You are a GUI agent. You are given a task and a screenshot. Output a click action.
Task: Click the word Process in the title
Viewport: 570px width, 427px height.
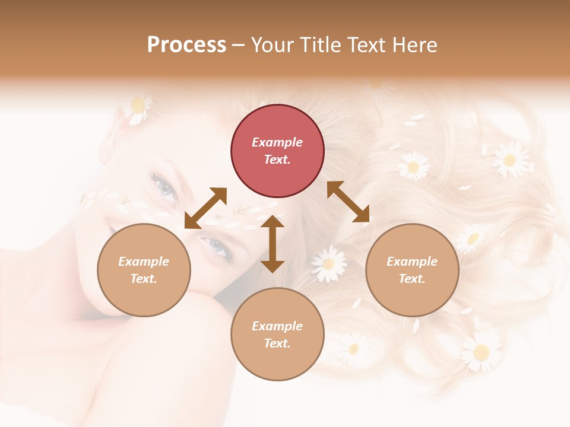(186, 44)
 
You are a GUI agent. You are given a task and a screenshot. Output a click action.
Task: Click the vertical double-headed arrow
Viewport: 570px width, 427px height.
(273, 244)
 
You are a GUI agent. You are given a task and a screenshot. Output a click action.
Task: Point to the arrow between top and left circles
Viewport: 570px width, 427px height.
(205, 208)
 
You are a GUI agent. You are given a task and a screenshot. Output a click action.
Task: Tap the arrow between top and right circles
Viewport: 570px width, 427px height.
(348, 202)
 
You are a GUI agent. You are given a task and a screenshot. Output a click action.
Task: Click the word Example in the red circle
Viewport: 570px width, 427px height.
(277, 142)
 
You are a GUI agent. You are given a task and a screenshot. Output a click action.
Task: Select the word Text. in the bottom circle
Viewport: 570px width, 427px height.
(277, 343)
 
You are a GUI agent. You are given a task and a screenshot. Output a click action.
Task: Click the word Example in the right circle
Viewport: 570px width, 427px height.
(412, 262)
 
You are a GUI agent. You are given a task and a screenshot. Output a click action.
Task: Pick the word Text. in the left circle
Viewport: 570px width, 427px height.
(144, 279)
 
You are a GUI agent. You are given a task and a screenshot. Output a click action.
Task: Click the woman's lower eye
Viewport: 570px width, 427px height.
(217, 247)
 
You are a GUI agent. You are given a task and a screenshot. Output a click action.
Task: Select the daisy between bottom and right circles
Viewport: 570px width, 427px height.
(328, 264)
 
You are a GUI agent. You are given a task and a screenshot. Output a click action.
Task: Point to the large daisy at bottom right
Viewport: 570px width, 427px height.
(481, 351)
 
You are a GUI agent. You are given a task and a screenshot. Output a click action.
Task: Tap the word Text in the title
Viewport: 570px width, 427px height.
(365, 44)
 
